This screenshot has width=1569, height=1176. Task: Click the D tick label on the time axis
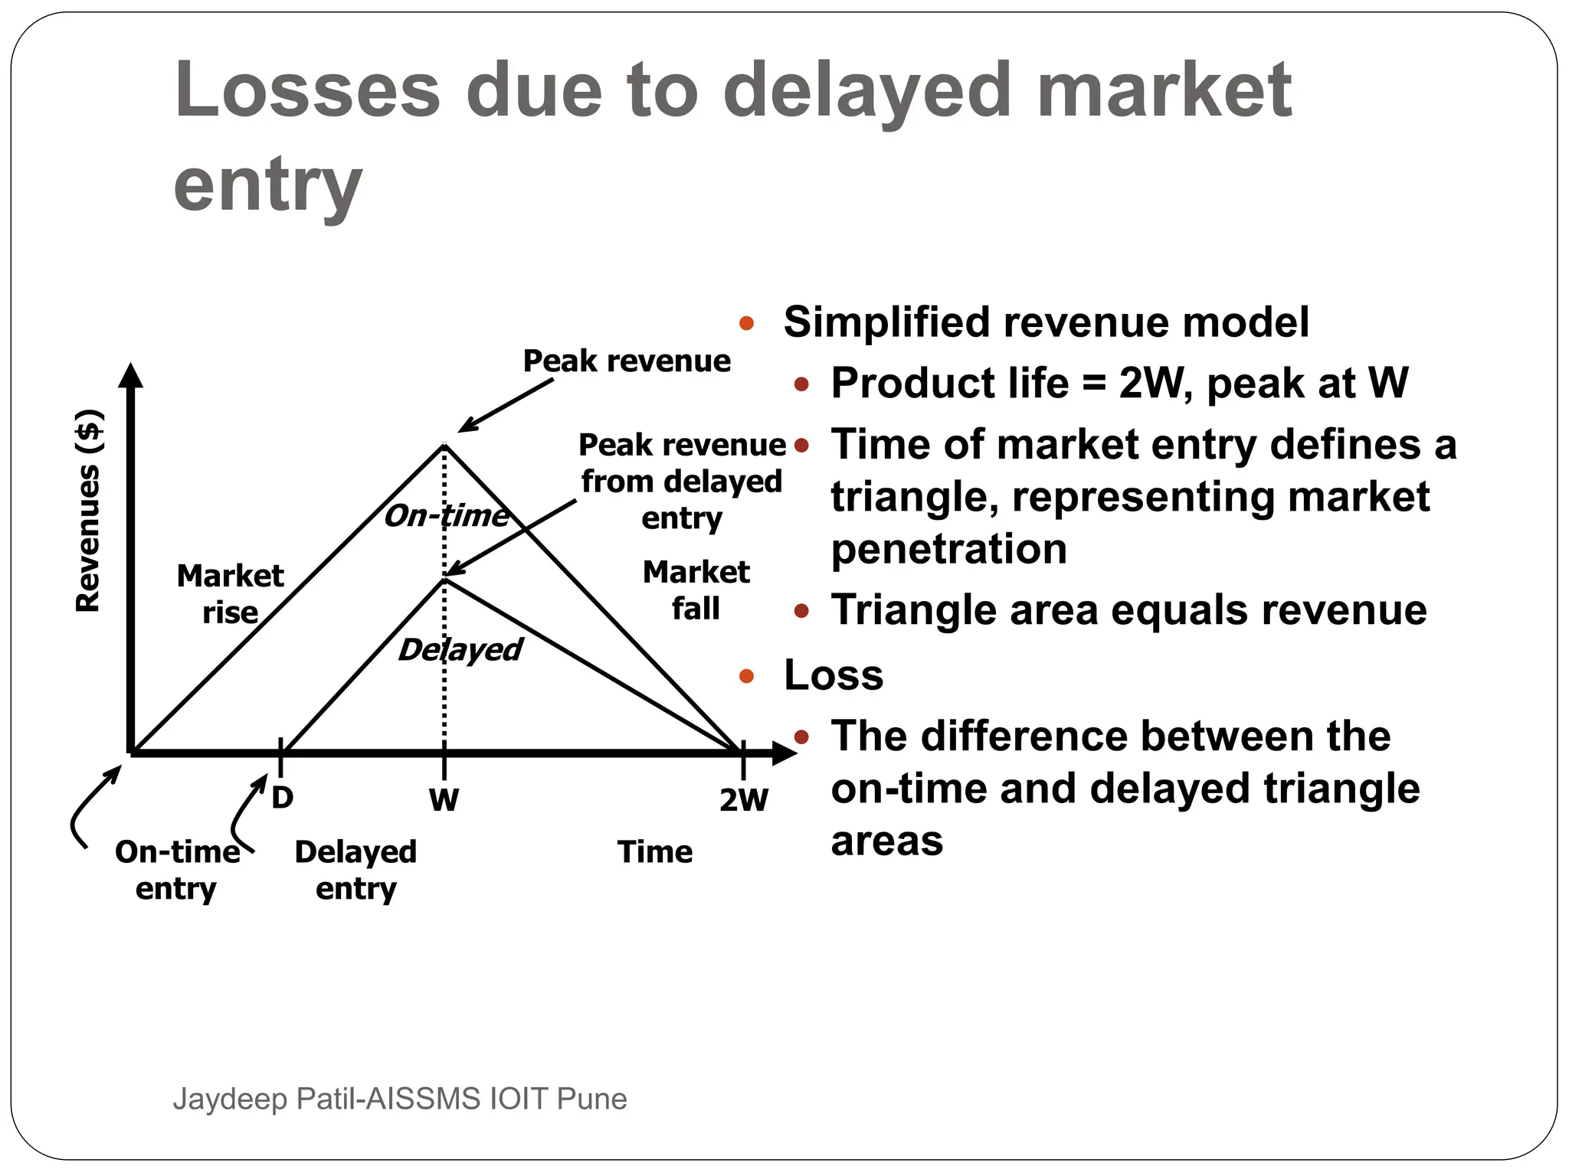pyautogui.click(x=282, y=798)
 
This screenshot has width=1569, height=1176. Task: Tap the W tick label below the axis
pyautogui.click(x=444, y=800)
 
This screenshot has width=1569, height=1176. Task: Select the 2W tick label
pyautogui.click(x=743, y=800)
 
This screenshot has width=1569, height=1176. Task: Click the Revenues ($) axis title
pyautogui.click(x=88, y=511)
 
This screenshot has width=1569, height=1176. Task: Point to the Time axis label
pyautogui.click(x=655, y=852)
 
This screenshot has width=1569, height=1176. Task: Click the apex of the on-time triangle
pyautogui.click(x=444, y=445)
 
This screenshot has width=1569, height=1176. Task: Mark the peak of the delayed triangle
pyautogui.click(x=444, y=580)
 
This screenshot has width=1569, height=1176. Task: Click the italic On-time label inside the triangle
pyautogui.click(x=447, y=516)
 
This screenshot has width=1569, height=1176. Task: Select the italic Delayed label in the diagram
pyautogui.click(x=460, y=650)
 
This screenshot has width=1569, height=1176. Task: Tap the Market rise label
pyautogui.click(x=230, y=593)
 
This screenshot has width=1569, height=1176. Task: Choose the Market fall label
pyautogui.click(x=696, y=590)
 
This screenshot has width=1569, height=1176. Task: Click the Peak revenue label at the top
pyautogui.click(x=627, y=361)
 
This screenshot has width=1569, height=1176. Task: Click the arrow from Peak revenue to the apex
pyautogui.click(x=506, y=406)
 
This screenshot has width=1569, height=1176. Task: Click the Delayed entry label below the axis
pyautogui.click(x=355, y=870)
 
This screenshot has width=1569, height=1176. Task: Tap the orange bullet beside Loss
pyautogui.click(x=747, y=676)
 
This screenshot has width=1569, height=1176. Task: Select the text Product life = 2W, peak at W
pyautogui.click(x=1119, y=383)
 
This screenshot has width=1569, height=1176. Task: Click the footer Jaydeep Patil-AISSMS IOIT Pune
pyautogui.click(x=400, y=1099)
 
